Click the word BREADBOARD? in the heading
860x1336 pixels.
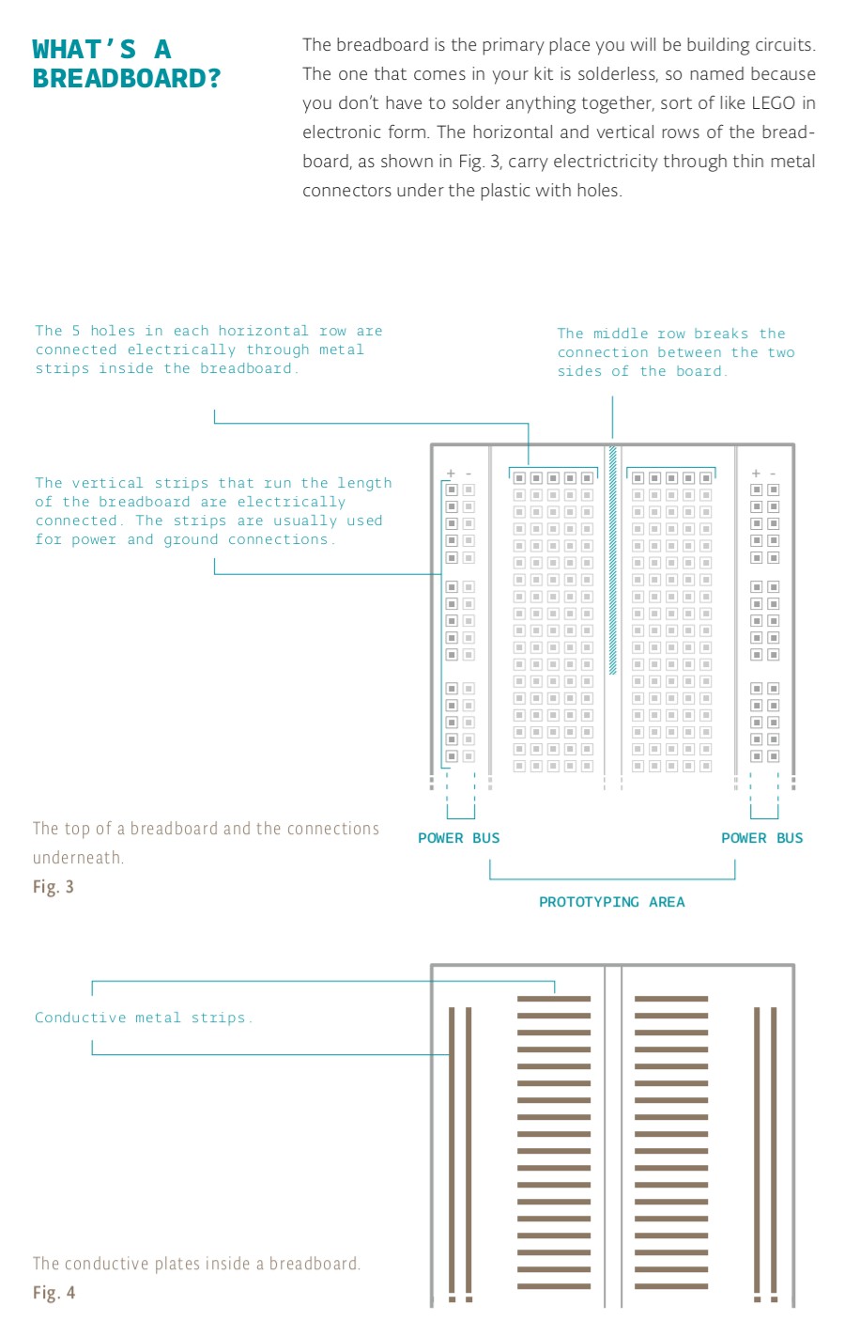pyautogui.click(x=127, y=78)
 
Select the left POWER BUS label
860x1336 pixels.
pyautogui.click(x=458, y=838)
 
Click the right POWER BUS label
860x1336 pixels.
pyautogui.click(x=761, y=838)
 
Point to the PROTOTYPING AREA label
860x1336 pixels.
pyautogui.click(x=611, y=902)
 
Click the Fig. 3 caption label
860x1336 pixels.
pyautogui.click(x=54, y=887)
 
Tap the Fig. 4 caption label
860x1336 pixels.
pyautogui.click(x=54, y=1293)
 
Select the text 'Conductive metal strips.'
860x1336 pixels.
pyautogui.click(x=144, y=1018)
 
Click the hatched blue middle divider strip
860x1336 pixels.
pyautogui.click(x=612, y=560)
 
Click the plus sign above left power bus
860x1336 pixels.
pyautogui.click(x=452, y=474)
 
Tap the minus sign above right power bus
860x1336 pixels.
pyautogui.click(x=773, y=474)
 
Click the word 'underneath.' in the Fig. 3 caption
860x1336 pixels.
pyautogui.click(x=78, y=858)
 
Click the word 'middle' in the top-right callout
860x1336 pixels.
pyautogui.click(x=620, y=334)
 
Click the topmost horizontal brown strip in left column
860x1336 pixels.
pyautogui.click(x=554, y=998)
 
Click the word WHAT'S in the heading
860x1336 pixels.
pyautogui.click(x=84, y=49)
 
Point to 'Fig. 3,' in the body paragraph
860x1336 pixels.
pyautogui.click(x=480, y=162)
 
